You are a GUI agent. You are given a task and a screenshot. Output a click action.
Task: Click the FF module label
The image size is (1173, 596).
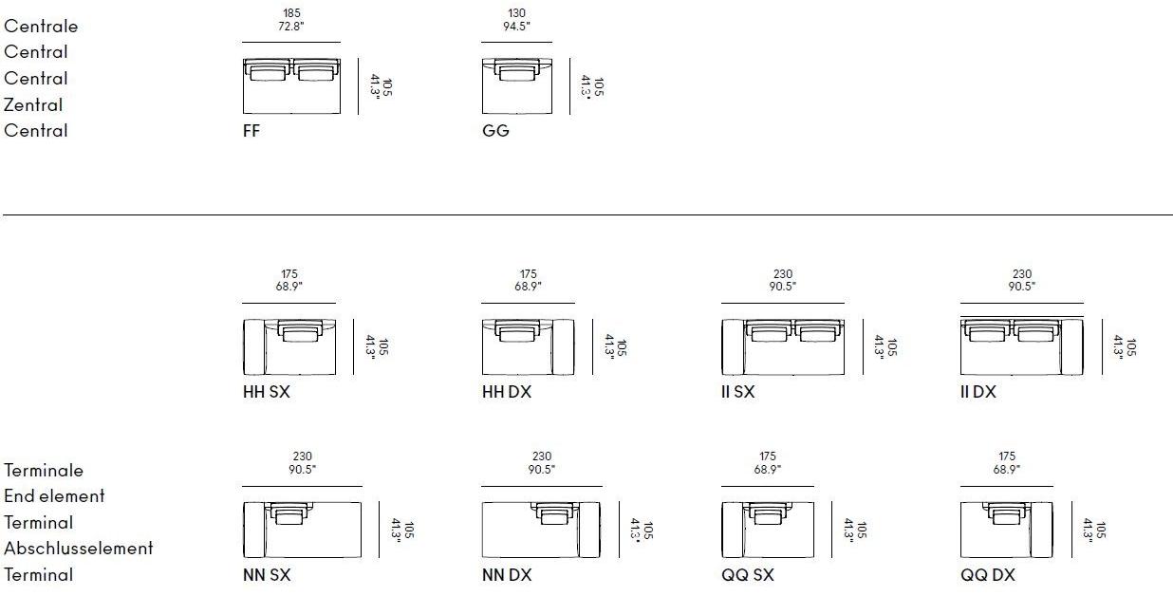tap(251, 130)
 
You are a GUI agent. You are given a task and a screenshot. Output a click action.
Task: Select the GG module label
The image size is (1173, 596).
tap(495, 130)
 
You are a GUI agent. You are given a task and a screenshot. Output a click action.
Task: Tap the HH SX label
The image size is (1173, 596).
tap(266, 392)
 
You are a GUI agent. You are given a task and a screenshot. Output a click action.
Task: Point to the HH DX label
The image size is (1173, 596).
tap(507, 392)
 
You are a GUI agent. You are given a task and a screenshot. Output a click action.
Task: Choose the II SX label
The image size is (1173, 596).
tap(737, 392)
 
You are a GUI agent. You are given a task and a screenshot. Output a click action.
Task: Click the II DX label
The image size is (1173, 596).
tap(978, 392)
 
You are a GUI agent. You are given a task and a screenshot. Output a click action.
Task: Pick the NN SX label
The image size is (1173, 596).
tap(267, 575)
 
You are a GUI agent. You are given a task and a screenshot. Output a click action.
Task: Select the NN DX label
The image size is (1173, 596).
tap(507, 575)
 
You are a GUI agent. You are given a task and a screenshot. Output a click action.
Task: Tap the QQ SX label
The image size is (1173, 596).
tap(747, 575)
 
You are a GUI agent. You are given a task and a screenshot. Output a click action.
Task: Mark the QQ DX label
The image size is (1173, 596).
tap(988, 575)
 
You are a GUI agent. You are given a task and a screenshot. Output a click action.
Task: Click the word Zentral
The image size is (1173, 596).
tap(33, 104)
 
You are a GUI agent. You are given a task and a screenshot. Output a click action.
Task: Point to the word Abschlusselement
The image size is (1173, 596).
tap(79, 549)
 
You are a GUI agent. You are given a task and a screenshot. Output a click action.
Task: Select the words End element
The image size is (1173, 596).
tap(54, 496)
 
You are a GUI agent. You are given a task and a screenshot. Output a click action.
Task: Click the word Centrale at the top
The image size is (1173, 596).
tap(41, 27)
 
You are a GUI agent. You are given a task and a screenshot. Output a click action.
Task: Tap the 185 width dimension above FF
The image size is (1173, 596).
tap(291, 13)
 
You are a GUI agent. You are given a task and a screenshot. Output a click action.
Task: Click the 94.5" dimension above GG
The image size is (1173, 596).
tap(516, 27)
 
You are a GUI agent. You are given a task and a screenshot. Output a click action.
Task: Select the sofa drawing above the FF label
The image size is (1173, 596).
tap(291, 86)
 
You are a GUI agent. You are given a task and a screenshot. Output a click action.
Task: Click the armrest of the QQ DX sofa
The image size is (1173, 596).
tap(1042, 530)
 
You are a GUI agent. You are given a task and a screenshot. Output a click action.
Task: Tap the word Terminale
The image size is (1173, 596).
tap(44, 471)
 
